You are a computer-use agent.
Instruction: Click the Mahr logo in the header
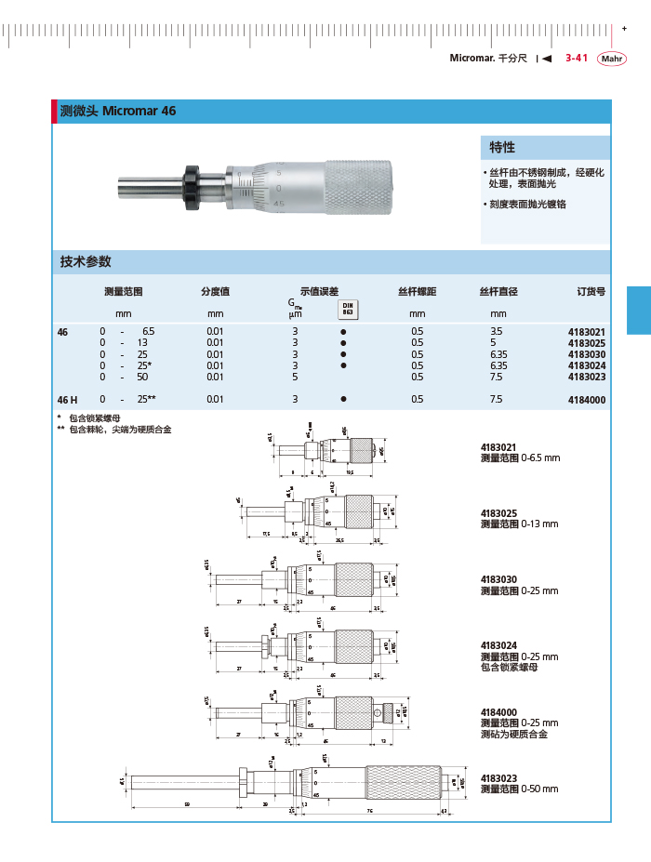coord(611,59)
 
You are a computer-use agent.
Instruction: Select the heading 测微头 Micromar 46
coord(117,111)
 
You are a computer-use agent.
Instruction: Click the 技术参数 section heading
coord(86,261)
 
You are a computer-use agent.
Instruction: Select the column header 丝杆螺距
coord(417,291)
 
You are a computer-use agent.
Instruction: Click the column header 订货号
coord(591,291)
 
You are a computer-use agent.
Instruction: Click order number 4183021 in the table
coord(586,332)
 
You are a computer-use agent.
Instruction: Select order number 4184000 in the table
coord(586,399)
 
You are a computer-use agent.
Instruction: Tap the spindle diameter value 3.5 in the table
coord(496,332)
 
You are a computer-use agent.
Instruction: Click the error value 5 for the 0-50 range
coord(295,377)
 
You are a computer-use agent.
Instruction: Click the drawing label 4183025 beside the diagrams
coord(499,513)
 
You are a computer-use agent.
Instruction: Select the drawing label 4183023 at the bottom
coord(499,778)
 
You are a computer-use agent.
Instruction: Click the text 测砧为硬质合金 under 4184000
coord(513,734)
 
